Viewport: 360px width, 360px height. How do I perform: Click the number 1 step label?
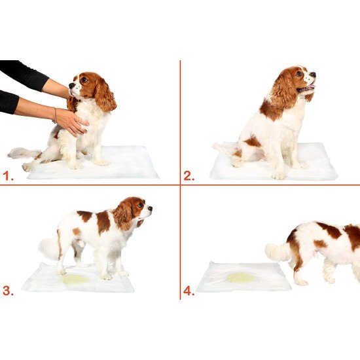(8, 175)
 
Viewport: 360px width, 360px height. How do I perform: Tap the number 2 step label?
(189, 175)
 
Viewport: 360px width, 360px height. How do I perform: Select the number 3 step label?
(8, 291)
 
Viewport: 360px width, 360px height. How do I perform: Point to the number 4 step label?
(189, 291)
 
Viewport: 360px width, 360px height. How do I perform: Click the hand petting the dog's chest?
(71, 122)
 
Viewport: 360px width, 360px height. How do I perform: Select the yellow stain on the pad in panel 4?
(240, 278)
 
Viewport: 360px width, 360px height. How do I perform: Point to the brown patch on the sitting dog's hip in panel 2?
(251, 141)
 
